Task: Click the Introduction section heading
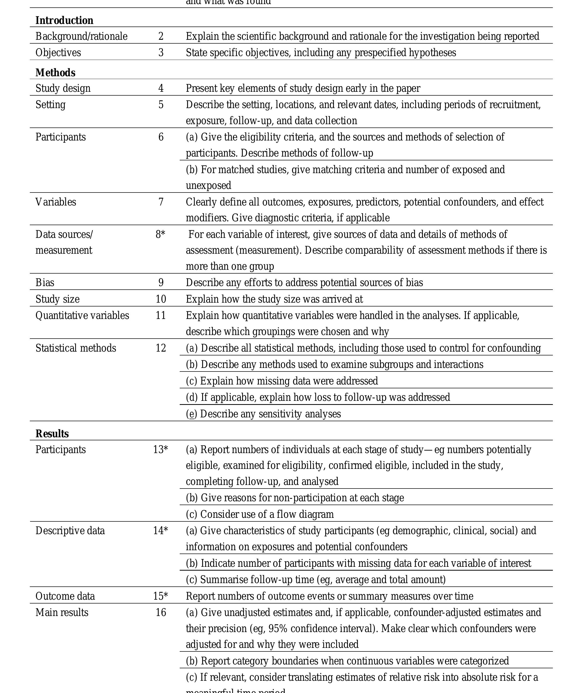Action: point(64,20)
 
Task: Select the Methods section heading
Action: point(55,73)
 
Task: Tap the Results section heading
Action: point(52,434)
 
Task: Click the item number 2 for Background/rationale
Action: point(161,36)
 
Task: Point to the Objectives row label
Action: point(58,53)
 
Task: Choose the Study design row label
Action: point(63,88)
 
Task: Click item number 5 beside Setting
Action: point(161,105)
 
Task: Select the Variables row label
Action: point(56,202)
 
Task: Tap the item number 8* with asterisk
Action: point(160,234)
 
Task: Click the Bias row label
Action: point(45,283)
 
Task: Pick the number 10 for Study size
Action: point(161,299)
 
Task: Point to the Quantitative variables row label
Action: point(82,315)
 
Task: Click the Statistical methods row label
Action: point(76,348)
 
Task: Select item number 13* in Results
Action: point(160,450)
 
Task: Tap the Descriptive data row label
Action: point(70,531)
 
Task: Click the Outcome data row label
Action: point(65,596)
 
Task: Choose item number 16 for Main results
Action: point(161,612)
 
